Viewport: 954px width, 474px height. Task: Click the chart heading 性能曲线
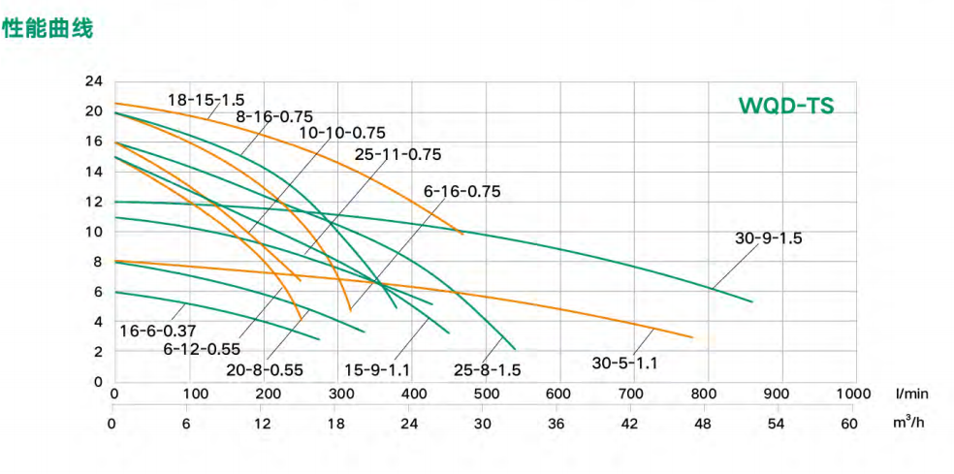[48, 29]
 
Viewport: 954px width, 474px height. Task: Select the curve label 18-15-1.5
[207, 99]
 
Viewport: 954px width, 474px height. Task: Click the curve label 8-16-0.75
[274, 116]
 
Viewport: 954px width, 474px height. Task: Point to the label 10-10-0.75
[341, 133]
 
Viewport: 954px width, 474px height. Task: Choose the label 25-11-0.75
[397, 154]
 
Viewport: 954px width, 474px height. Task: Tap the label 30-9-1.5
[769, 237]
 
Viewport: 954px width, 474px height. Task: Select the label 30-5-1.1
[624, 363]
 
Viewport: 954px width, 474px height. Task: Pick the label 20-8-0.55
[265, 368]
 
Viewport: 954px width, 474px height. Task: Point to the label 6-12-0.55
[201, 349]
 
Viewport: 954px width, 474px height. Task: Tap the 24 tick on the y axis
[94, 80]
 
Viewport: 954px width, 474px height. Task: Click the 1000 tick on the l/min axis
[853, 395]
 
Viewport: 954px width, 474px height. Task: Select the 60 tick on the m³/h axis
[849, 424]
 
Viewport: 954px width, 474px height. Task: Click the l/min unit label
[911, 395]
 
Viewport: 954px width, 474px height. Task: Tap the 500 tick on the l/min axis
[484, 395]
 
